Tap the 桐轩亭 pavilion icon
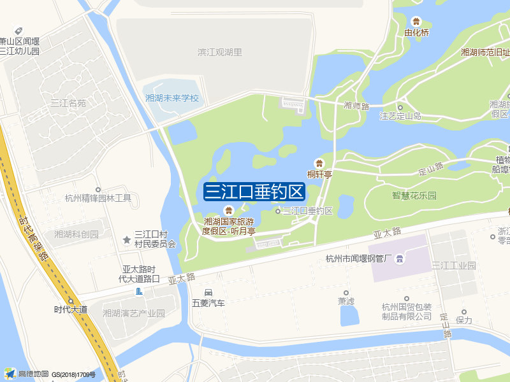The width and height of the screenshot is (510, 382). pos(319,163)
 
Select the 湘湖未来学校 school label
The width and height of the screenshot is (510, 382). pos(172,99)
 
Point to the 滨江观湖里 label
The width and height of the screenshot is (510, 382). pos(220,52)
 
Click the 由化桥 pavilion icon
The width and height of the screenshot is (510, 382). pos(417,22)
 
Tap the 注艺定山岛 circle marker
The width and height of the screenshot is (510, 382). pos(400,107)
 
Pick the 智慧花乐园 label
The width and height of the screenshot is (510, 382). pos(414,195)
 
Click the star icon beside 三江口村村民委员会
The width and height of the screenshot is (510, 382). pos(126,239)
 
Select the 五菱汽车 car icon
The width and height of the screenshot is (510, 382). pos(208,292)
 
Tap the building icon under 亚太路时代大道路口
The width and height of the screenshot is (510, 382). pos(140,292)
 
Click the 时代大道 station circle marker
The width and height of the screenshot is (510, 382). pos(71,301)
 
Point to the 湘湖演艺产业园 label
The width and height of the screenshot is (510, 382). pos(134,313)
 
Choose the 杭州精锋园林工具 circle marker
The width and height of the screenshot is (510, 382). pos(98,189)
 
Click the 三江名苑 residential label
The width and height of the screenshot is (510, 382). pos(68,103)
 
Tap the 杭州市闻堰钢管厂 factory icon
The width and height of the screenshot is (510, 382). pos(399,258)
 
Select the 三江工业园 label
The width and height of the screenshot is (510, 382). pos(454,265)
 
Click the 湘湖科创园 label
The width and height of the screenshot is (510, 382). pos(77,234)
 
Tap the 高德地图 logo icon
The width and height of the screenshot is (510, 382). pos(10,373)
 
